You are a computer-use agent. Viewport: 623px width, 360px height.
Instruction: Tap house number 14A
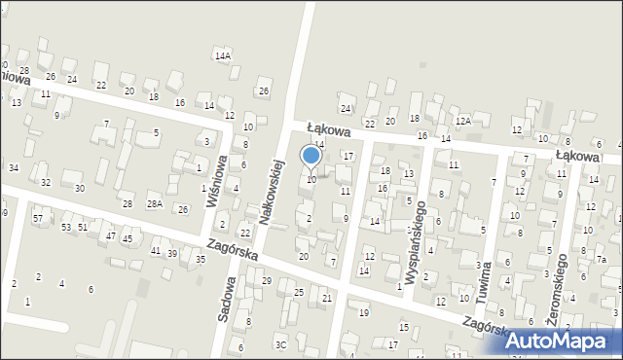pos(223,55)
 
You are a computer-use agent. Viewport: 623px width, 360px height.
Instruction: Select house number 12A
pos(463,121)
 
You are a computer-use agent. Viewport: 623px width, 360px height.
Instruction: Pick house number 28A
pos(154,204)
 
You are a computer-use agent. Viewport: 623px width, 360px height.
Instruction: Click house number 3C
pos(280,344)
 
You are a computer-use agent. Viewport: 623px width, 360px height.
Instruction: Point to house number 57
pos(37,219)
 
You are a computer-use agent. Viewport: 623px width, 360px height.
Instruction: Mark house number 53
pos(66,227)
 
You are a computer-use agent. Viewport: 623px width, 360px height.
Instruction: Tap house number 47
pos(111,235)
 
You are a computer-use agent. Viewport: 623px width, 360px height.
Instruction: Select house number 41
pos(156,251)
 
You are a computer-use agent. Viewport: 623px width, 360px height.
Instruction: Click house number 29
pos(267,280)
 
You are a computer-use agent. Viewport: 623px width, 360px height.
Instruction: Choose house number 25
pos(299,292)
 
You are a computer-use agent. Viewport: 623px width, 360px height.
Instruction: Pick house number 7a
pos(602,260)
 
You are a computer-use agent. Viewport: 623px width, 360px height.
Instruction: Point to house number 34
pos(14,167)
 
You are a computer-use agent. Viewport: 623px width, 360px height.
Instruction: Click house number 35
pos(201,259)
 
